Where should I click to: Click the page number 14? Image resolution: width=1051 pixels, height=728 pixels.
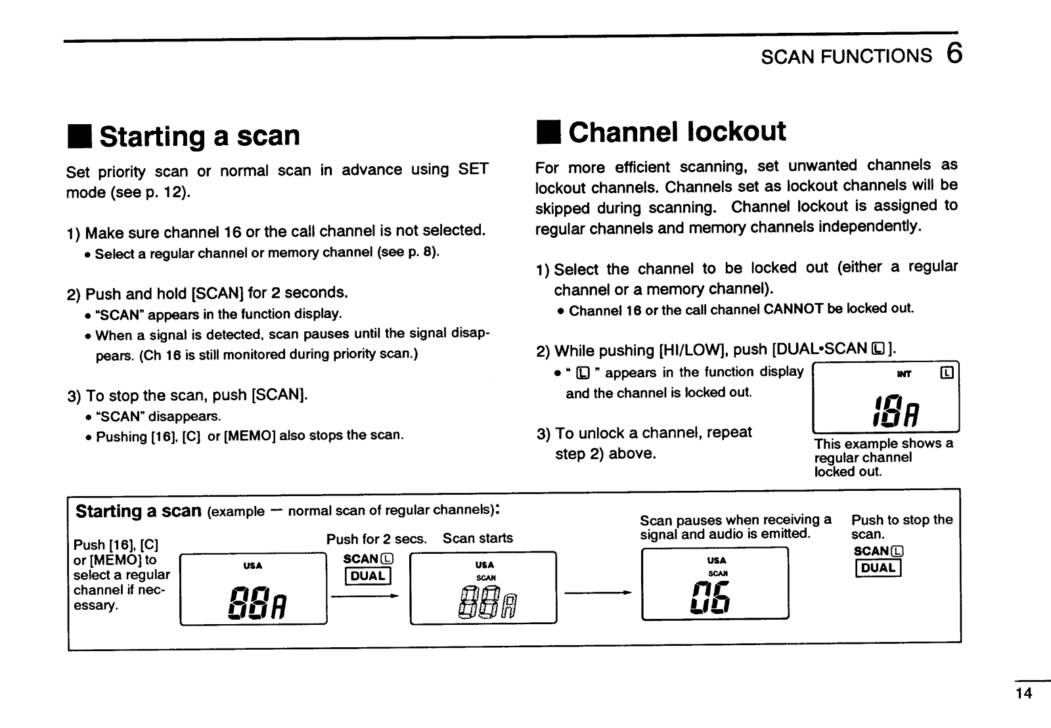(x=1023, y=693)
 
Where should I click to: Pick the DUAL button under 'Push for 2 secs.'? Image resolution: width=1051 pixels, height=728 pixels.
(x=368, y=576)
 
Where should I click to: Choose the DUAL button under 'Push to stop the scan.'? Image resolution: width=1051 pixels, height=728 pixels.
(x=878, y=568)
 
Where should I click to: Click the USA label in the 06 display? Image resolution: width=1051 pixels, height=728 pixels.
(x=716, y=560)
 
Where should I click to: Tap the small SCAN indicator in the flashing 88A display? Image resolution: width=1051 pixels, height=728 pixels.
(x=485, y=578)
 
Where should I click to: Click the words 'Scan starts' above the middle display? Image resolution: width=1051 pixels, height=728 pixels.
(x=478, y=539)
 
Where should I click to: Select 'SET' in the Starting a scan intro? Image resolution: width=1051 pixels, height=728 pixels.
(x=473, y=170)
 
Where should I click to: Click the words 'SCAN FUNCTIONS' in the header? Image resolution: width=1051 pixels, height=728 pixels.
(x=846, y=56)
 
